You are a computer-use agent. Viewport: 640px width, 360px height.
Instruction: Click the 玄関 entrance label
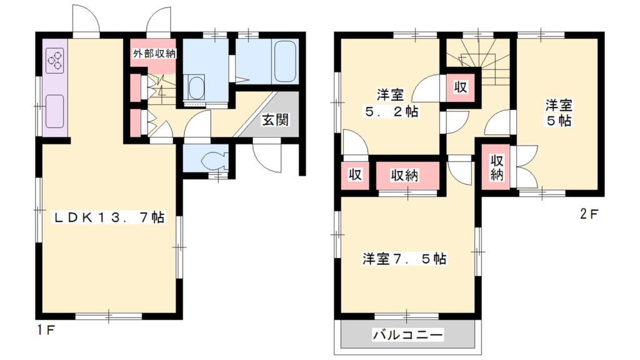(x=275, y=120)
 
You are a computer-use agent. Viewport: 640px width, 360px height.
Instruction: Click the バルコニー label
(x=408, y=335)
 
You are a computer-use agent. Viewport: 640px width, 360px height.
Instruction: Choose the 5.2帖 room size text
(x=392, y=112)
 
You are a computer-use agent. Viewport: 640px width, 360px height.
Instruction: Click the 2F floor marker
(x=589, y=214)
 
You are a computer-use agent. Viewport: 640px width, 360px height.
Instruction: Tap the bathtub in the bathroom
(x=284, y=62)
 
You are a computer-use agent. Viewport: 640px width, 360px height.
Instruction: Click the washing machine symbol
(x=196, y=89)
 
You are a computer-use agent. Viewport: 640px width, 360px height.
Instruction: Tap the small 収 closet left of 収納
(x=355, y=176)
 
